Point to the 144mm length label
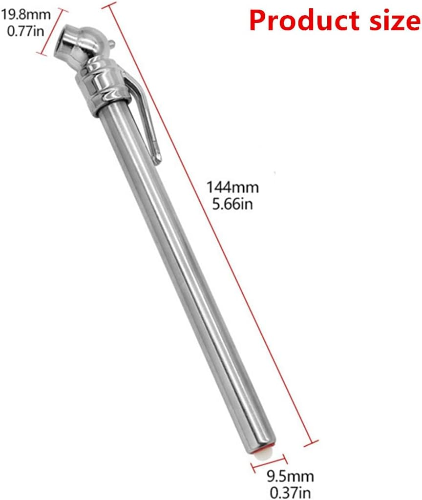click(x=232, y=187)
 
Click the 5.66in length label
click(x=232, y=204)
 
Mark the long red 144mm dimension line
click(x=210, y=225)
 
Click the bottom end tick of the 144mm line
click(x=311, y=443)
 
